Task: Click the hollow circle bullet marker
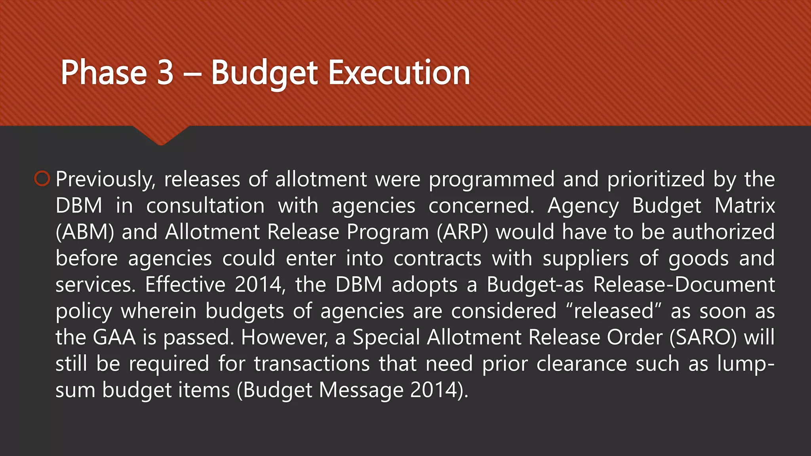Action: click(x=42, y=179)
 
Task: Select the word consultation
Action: click(x=206, y=206)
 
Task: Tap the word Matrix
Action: click(x=744, y=206)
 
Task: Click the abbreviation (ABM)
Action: click(x=85, y=232)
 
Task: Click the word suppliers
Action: click(x=585, y=258)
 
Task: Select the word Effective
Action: click(x=185, y=285)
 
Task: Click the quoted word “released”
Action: click(x=614, y=311)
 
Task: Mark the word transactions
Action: click(x=312, y=364)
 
